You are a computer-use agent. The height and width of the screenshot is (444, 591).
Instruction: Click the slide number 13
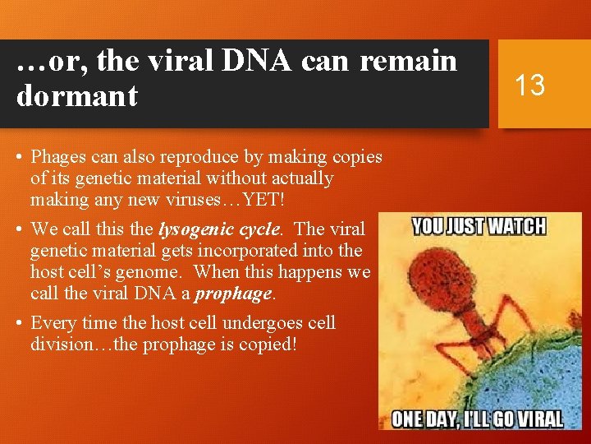click(x=529, y=84)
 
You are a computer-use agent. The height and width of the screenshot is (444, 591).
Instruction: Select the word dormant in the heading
click(x=77, y=96)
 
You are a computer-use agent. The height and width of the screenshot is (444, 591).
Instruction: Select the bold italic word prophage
click(x=233, y=293)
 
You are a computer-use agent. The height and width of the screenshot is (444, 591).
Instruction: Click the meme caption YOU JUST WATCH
click(x=479, y=225)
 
